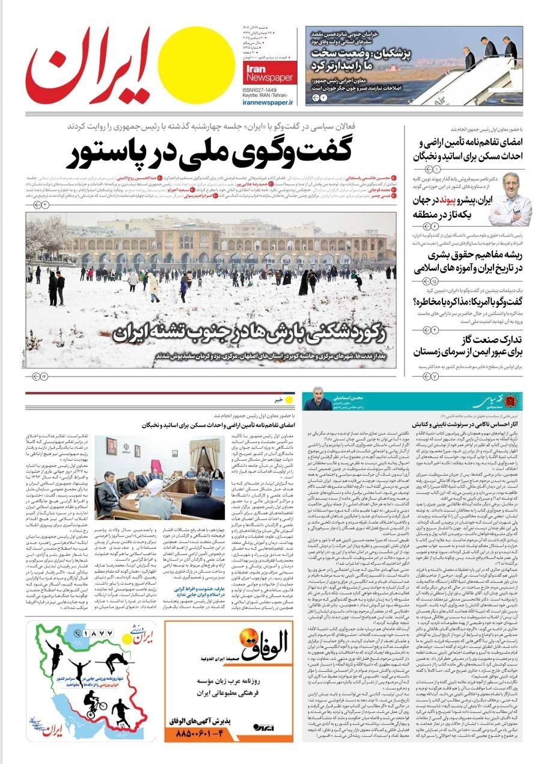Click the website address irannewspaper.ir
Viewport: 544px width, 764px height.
269,103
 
